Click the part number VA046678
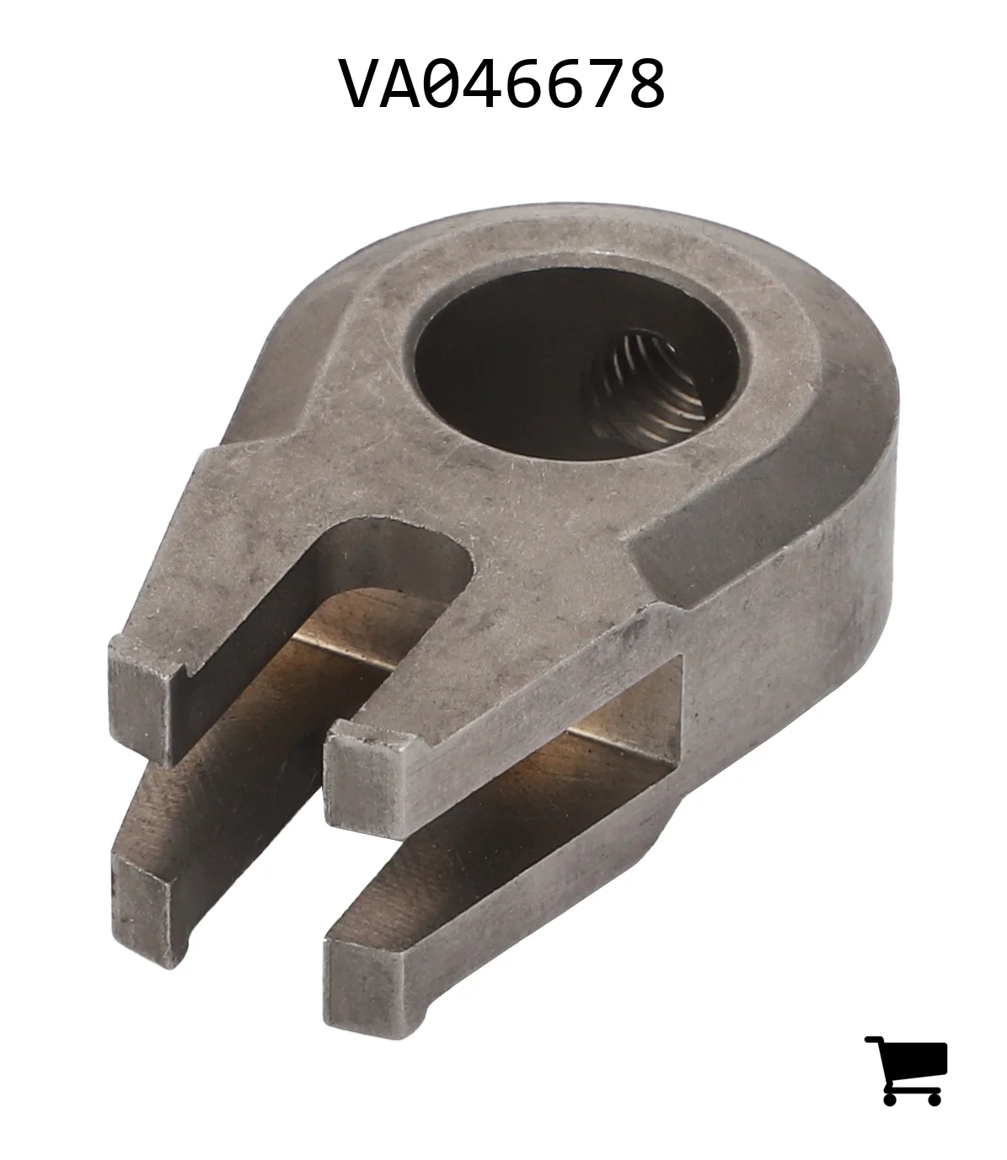coord(502,84)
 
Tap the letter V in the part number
coord(359,84)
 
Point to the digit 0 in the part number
coord(441,84)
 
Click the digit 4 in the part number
coord(481,84)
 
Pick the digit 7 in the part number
coord(604,84)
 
